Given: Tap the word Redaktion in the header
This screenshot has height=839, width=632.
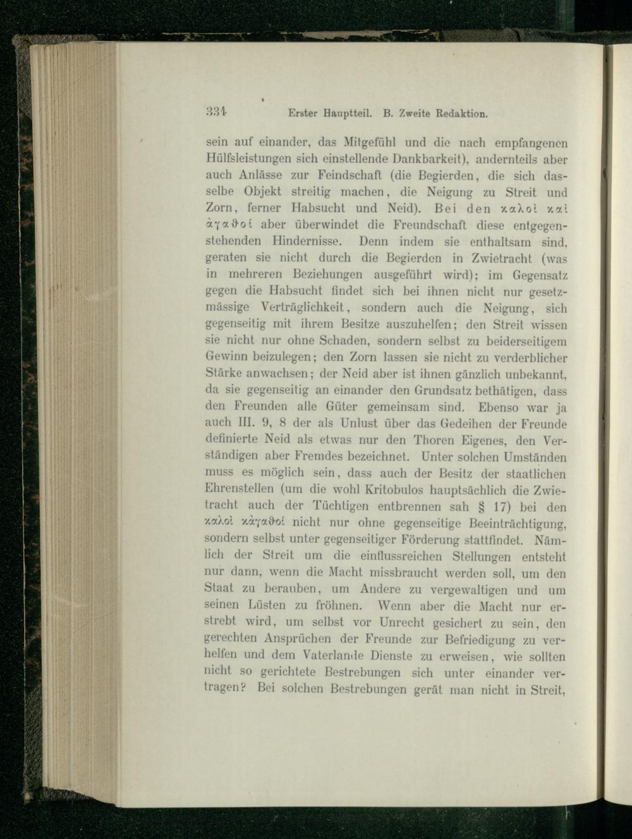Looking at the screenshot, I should pyautogui.click(x=458, y=114).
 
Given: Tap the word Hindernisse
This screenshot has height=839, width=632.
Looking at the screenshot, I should pyautogui.click(x=307, y=241).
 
